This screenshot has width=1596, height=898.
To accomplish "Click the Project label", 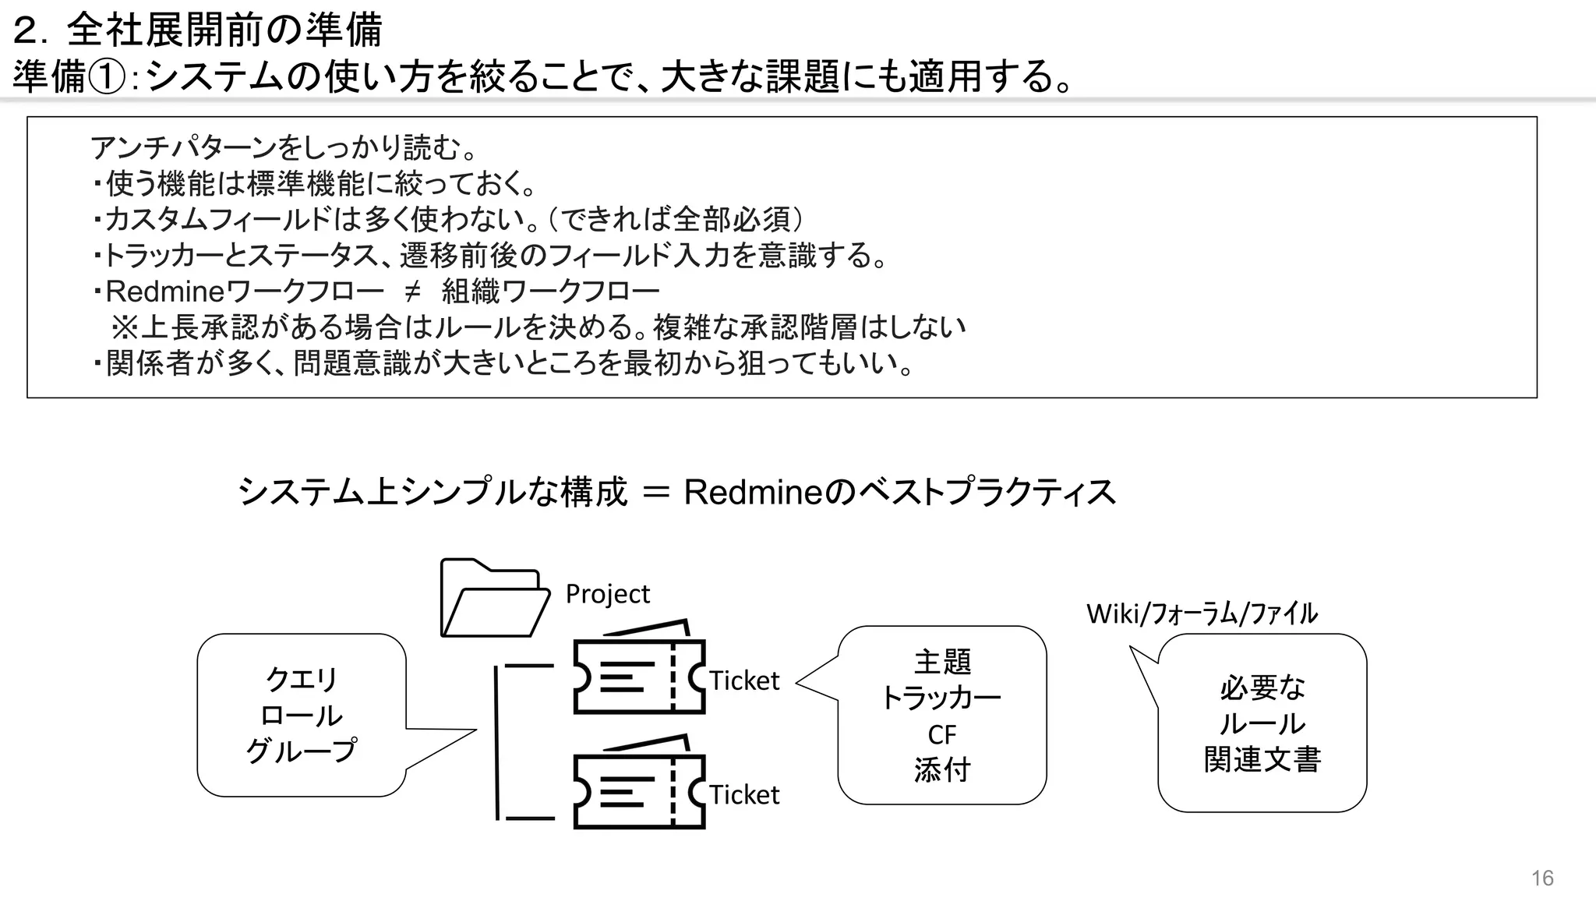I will [607, 594].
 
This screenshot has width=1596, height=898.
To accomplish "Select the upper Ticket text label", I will [744, 681].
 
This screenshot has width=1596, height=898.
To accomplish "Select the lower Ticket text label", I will [744, 795].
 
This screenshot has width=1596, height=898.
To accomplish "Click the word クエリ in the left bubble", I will [301, 679].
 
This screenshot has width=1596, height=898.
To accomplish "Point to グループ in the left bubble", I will [301, 751].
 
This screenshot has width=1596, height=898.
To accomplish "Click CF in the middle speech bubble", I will [941, 734].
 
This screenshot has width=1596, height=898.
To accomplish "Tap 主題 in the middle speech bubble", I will [941, 662].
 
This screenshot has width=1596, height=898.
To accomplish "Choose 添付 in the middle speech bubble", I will [941, 770].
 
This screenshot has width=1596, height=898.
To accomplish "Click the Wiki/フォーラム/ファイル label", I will [1202, 613].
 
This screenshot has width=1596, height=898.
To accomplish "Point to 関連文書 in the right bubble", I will [1262, 759].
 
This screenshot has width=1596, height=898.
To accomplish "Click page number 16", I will [1541, 879].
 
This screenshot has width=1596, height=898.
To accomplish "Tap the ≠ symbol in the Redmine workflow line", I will [412, 292].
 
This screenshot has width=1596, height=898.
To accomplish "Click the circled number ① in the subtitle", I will [106, 78].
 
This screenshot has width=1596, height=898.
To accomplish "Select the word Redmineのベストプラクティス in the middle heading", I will [899, 492].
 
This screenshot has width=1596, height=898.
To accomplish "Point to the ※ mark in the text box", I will [124, 327].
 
